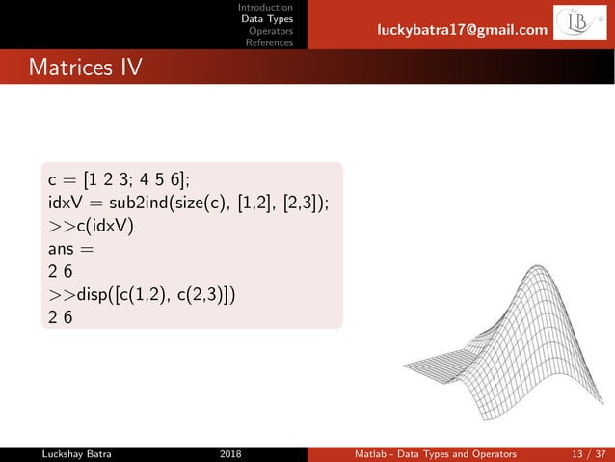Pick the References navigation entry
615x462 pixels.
pyautogui.click(x=269, y=42)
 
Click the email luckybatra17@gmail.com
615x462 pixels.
pyautogui.click(x=462, y=33)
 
